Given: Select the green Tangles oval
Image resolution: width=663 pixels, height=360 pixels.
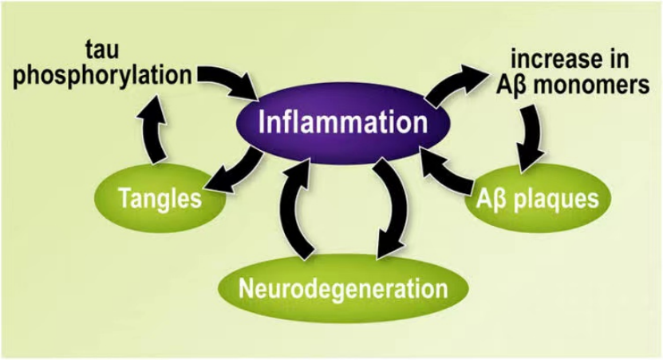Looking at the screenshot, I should [159, 198].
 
